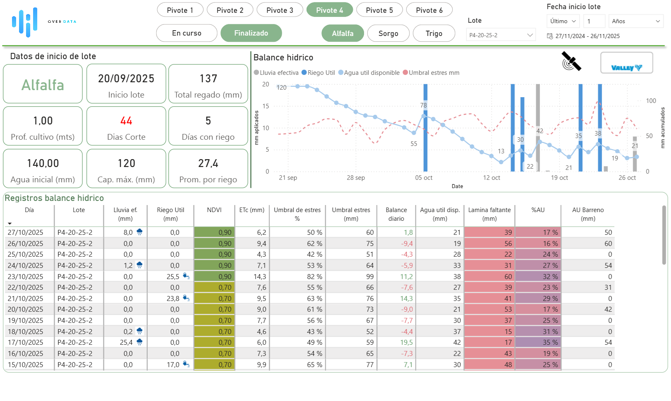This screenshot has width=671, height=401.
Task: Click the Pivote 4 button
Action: tap(329, 10)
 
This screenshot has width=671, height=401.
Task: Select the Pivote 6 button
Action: tap(429, 10)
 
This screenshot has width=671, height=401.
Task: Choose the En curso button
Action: tap(187, 33)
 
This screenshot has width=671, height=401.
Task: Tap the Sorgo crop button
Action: tap(388, 33)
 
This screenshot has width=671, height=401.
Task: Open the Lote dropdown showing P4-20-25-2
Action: tap(501, 35)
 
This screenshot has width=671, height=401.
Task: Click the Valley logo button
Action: tap(626, 63)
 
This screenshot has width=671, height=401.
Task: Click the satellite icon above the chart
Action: tap(571, 61)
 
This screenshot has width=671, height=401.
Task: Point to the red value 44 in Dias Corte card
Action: tap(126, 121)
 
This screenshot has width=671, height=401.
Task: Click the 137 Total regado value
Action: tap(208, 79)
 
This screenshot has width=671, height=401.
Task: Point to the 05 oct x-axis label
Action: tap(424, 178)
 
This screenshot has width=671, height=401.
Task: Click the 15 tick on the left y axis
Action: tap(266, 106)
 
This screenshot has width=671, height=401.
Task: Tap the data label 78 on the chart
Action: tap(423, 105)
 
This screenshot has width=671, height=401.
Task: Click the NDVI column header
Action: tap(214, 210)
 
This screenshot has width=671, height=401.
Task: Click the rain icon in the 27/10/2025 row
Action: tap(139, 232)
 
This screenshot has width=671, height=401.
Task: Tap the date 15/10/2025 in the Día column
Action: tap(25, 365)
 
